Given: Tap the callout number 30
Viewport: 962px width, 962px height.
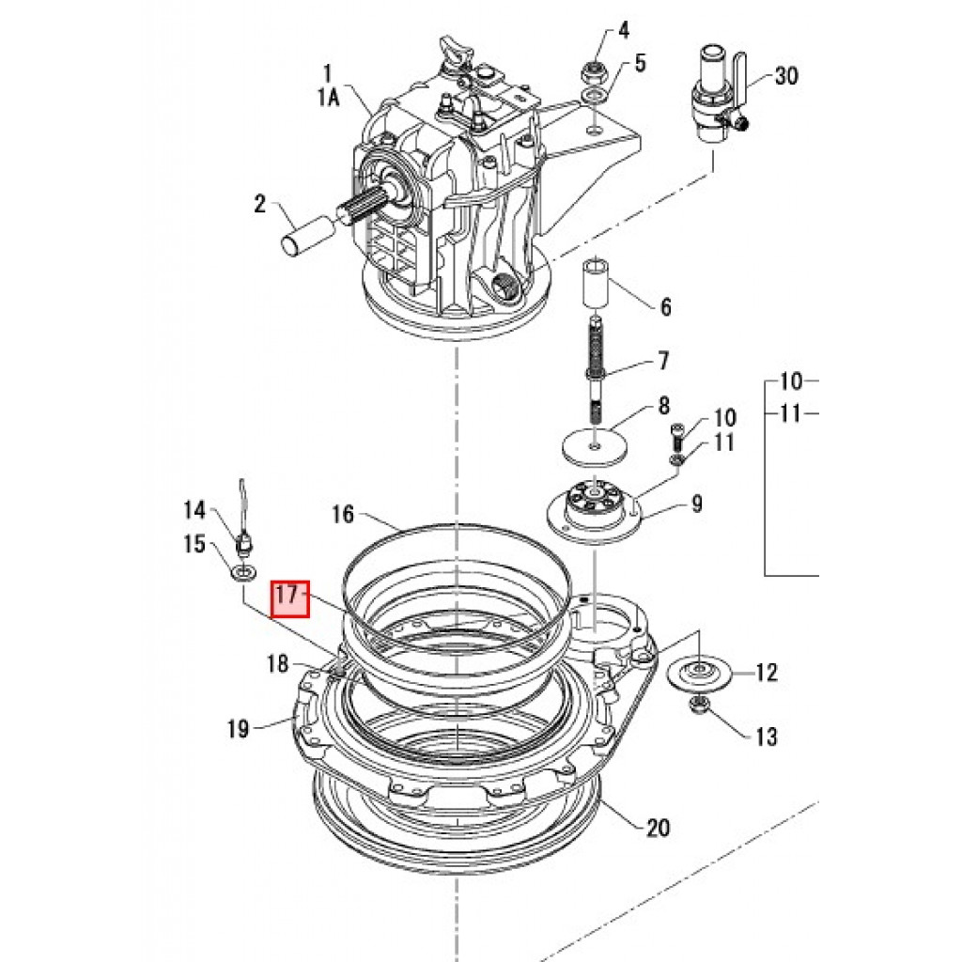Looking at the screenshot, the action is click(x=786, y=76).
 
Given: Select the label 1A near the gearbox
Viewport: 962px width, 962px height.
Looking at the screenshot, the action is click(x=329, y=97).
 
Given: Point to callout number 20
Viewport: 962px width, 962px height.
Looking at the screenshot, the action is click(x=658, y=828).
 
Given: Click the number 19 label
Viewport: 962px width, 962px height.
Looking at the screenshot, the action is click(x=238, y=729).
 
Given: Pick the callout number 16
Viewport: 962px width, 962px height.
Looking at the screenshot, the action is click(x=343, y=514).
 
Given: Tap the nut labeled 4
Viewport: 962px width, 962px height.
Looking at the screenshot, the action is click(x=594, y=72).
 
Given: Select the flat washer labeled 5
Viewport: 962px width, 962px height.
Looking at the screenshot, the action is click(x=594, y=97).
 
